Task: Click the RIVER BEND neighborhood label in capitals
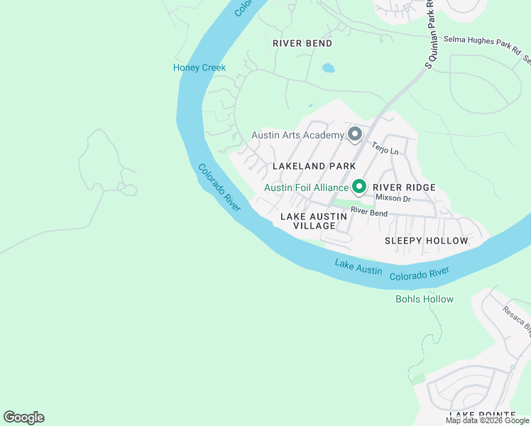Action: click(x=302, y=43)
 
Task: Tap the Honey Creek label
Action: click(x=199, y=67)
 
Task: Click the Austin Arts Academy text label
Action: click(x=297, y=135)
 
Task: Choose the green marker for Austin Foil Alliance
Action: click(x=359, y=187)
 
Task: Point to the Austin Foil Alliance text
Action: click(x=306, y=188)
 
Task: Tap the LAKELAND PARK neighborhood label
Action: click(x=314, y=166)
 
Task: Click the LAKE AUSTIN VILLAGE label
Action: click(x=314, y=221)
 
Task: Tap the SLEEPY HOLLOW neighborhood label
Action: click(x=426, y=241)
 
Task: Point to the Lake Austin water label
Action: click(x=358, y=268)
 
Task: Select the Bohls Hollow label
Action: click(x=424, y=299)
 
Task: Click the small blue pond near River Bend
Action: click(x=328, y=69)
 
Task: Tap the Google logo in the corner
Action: click(x=23, y=417)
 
